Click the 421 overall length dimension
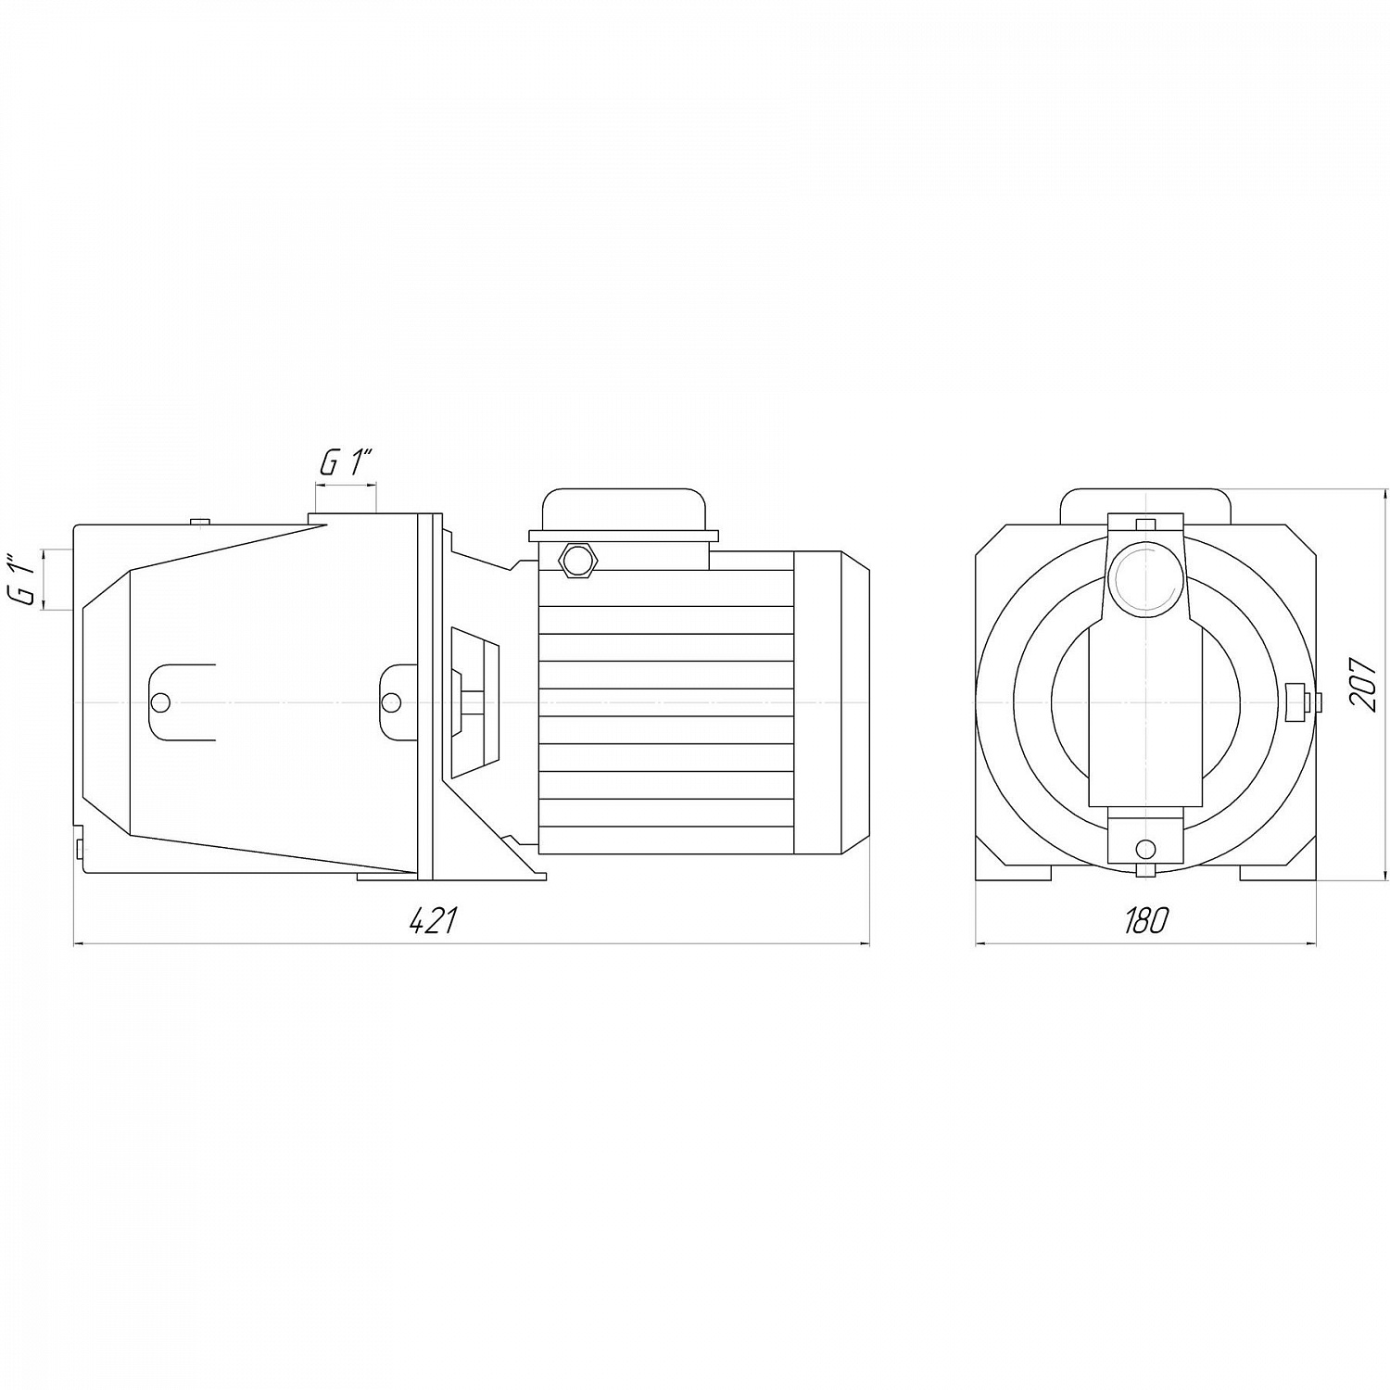click(433, 921)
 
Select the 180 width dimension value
click(1146, 921)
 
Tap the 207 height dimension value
click(1362, 684)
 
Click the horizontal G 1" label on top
click(346, 463)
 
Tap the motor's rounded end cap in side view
click(831, 701)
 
